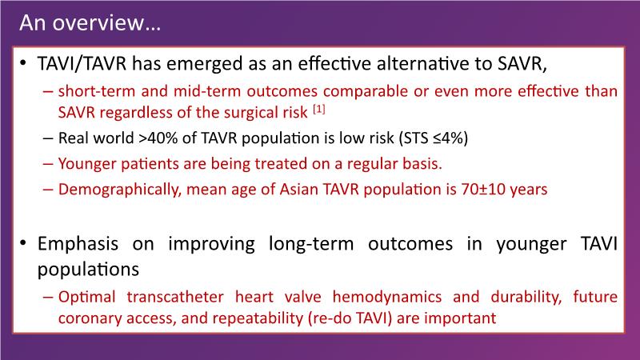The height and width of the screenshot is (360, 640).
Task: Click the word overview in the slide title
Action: (98, 23)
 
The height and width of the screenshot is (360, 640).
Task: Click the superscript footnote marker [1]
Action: (318, 109)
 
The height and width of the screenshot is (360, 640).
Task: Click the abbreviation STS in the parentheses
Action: (417, 138)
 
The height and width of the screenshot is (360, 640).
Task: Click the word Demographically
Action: (119, 190)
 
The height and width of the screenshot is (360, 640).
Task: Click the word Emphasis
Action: (78, 244)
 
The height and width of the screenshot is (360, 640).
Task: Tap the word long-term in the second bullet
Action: (311, 244)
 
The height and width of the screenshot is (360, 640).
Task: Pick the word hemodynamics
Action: (387, 297)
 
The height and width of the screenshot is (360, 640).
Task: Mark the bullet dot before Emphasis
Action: (24, 243)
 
